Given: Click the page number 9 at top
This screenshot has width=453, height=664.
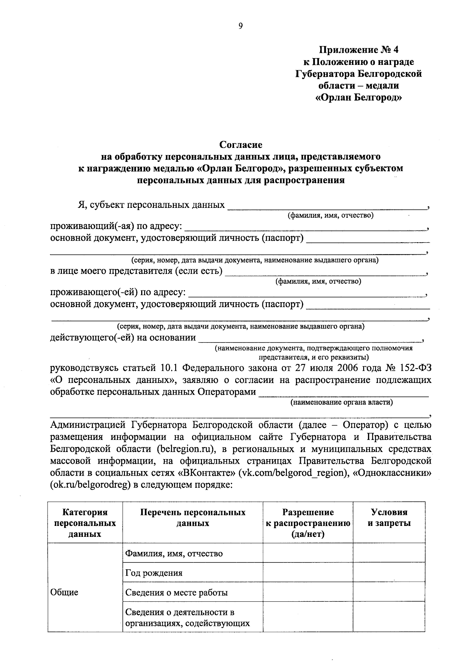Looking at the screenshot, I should [240, 26].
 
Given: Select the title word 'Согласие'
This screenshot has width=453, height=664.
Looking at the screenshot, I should [241, 144].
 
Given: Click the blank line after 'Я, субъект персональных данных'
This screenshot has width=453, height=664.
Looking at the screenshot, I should [327, 206].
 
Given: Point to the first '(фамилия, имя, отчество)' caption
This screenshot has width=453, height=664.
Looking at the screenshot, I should [330, 215].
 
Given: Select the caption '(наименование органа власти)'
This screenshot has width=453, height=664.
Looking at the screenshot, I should [342, 402].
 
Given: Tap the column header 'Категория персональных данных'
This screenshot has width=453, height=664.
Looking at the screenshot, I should [85, 523].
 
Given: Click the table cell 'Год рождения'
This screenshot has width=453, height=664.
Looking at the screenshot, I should [154, 573].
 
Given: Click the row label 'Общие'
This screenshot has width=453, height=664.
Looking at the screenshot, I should [64, 592].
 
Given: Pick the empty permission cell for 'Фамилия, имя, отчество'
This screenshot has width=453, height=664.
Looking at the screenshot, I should [308, 553].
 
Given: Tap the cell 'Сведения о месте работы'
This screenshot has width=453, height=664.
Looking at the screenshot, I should [176, 593].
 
